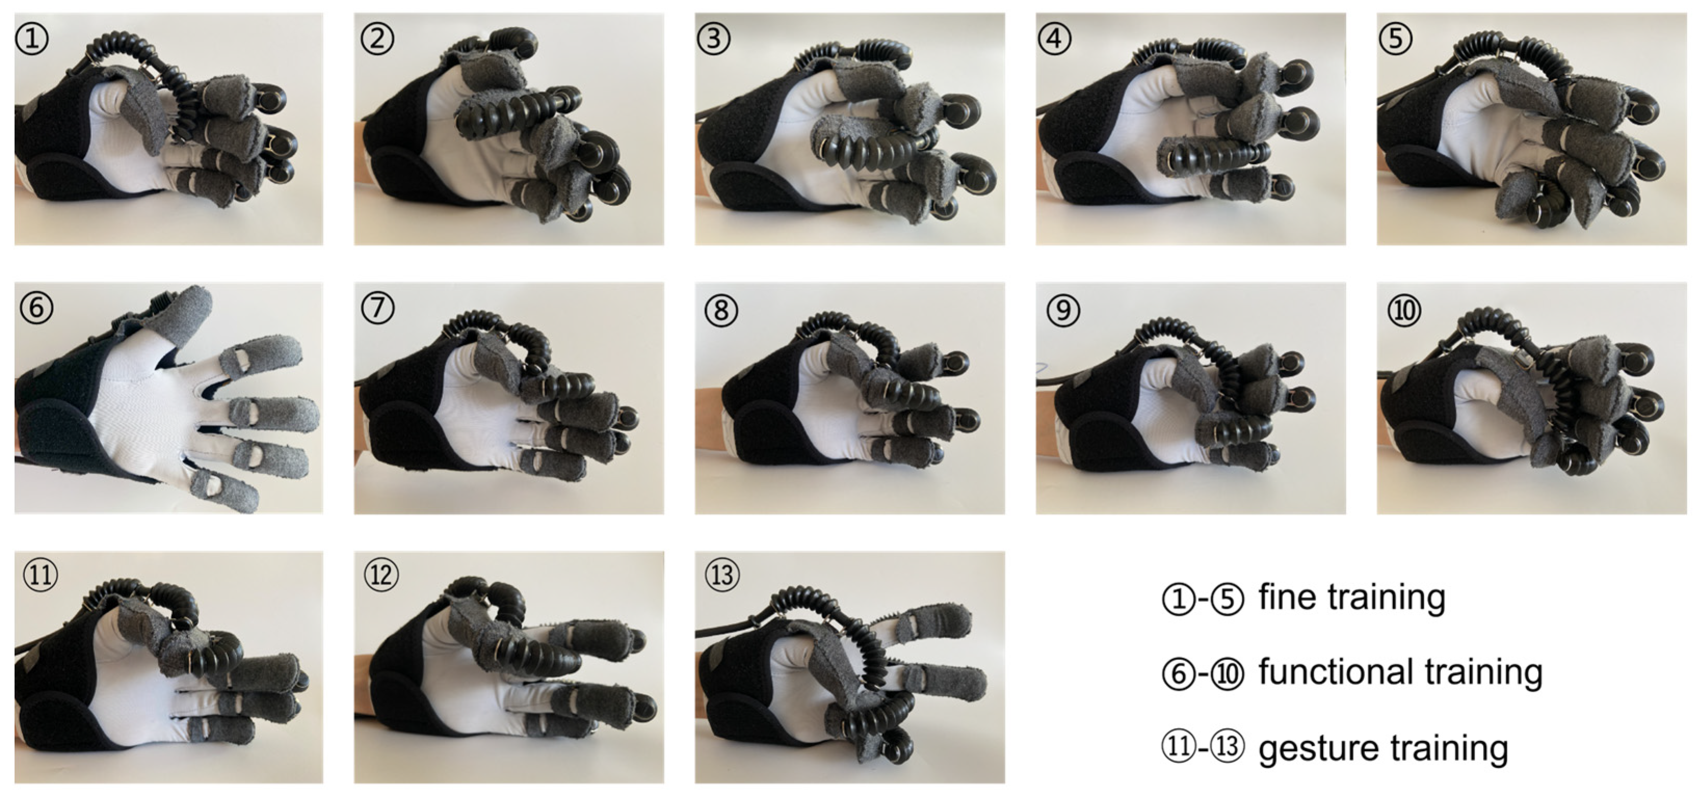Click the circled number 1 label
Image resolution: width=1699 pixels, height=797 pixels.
coord(32,39)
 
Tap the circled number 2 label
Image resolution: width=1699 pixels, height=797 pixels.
coord(377,39)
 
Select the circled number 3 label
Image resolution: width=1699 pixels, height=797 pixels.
coord(714,39)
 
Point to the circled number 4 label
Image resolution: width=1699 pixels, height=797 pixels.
coord(1055,39)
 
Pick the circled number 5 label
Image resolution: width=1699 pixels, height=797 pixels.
coord(1396,39)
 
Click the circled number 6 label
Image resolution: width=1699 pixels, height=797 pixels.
coord(36,308)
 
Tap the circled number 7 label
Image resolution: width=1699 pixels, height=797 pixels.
coord(378,308)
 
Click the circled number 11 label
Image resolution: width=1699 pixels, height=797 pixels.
coord(40,575)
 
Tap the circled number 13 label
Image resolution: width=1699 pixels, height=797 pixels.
coord(722,575)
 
